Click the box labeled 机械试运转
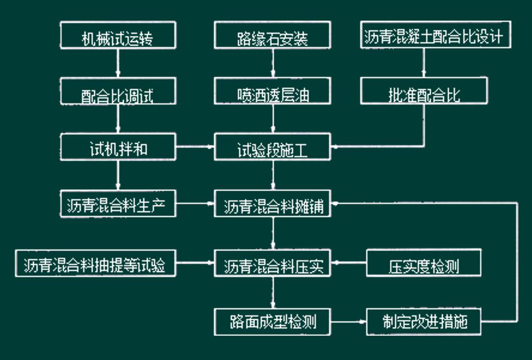118,36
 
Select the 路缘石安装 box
272,36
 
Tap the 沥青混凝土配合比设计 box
435,35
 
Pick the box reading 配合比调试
118,91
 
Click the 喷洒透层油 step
272,91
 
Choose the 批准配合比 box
424,91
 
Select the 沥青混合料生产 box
118,204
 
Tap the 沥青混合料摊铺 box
272,204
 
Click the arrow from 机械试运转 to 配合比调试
118,63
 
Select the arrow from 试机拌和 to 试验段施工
194,147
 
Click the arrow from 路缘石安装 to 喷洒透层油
273,63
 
